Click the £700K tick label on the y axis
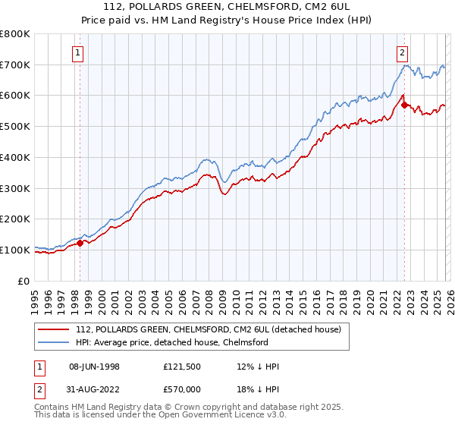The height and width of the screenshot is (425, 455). (x=15, y=65)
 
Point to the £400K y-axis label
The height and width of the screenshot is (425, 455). (x=15, y=157)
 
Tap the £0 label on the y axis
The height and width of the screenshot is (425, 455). (x=23, y=281)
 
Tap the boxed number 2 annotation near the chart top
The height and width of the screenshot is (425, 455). (x=402, y=52)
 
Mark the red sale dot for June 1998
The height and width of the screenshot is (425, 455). (x=80, y=243)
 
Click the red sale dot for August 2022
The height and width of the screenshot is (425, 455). (x=403, y=105)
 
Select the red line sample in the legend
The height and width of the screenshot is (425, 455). (x=54, y=329)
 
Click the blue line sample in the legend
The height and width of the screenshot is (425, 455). (x=54, y=342)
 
